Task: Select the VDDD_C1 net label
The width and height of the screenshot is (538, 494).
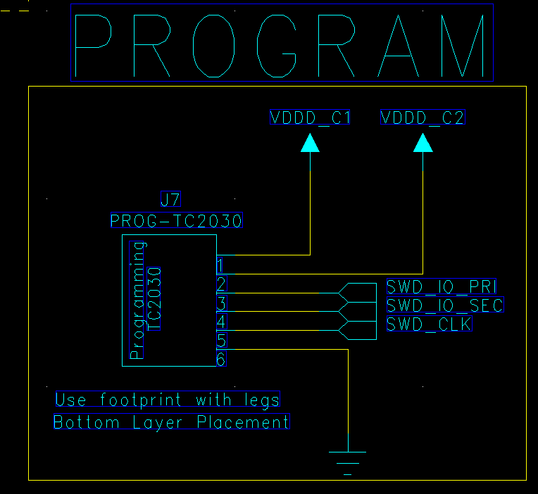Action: point(309,118)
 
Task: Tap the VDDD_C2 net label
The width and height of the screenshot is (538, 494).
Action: point(423,118)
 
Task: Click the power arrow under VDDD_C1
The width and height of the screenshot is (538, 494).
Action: point(310,143)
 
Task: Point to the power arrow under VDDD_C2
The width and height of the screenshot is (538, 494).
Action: point(423,143)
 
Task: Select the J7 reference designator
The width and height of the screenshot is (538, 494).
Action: point(170,199)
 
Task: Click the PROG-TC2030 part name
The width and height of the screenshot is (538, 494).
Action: point(176,220)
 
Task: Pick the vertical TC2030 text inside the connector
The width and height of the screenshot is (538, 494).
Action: point(154,299)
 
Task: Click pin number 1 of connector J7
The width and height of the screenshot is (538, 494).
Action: point(220,265)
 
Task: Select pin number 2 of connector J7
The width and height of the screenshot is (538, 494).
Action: point(221,284)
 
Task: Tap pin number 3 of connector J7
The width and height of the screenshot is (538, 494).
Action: point(222,303)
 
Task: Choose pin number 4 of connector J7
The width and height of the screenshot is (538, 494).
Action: point(221,322)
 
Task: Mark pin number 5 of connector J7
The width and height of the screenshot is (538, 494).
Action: point(221,341)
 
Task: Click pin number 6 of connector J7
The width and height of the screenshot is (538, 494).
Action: point(221,359)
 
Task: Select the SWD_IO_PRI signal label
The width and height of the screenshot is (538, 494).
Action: point(442,286)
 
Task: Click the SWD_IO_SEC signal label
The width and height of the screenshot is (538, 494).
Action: point(445,305)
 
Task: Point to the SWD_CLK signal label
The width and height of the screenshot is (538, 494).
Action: point(430,324)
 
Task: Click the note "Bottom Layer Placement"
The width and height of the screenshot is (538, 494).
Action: point(172,422)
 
